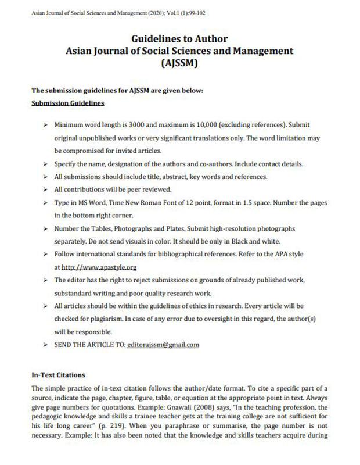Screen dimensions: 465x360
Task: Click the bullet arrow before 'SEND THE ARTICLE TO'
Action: click(x=45, y=345)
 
